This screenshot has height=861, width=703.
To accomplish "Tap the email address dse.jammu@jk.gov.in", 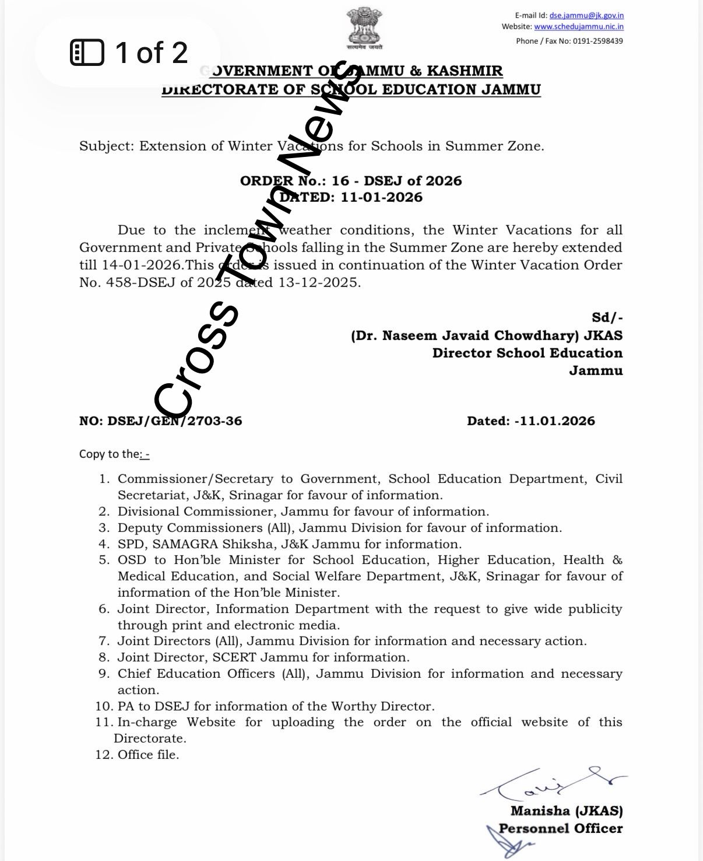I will click(x=586, y=16).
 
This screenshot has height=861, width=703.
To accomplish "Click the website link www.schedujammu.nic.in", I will click(x=579, y=27).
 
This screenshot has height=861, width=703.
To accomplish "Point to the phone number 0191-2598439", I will click(x=598, y=41).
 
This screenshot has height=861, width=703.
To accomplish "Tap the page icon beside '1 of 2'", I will click(x=87, y=52).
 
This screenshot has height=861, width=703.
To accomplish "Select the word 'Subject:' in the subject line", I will click(x=107, y=146).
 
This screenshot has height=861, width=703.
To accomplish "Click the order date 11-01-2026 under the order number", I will click(x=382, y=197).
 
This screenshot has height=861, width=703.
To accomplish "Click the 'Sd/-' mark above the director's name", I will click(x=607, y=318).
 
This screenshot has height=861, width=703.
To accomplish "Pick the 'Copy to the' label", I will click(x=110, y=454).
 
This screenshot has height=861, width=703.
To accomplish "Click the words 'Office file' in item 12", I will click(x=148, y=755).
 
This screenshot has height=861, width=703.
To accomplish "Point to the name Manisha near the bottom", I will click(x=540, y=811).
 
